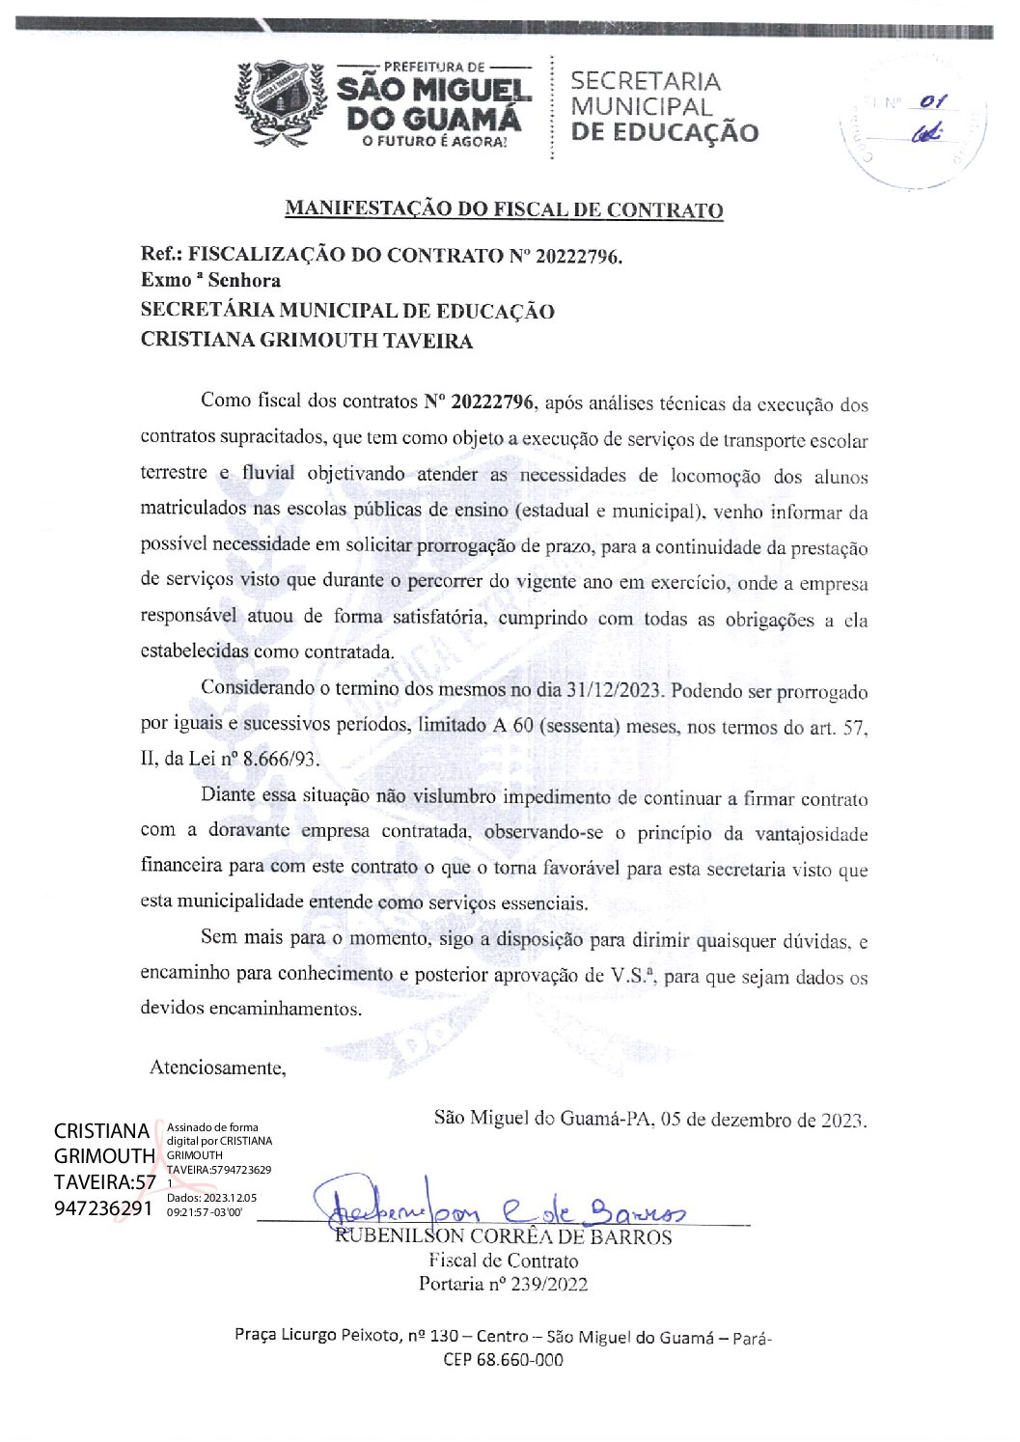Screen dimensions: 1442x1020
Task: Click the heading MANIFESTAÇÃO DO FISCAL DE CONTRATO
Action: (x=504, y=209)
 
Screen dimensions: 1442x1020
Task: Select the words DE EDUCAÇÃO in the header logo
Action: (x=665, y=133)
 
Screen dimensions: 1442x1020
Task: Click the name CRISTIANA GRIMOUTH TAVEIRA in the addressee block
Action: (x=307, y=341)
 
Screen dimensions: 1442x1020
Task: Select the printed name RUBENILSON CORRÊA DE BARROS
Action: (x=503, y=1237)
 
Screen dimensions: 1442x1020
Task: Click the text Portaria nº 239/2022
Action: (x=503, y=1284)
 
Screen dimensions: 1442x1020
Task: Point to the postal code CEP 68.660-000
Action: (x=503, y=1360)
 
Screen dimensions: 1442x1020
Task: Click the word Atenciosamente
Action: (x=217, y=1068)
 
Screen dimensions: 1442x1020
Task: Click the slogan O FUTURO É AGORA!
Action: (x=433, y=142)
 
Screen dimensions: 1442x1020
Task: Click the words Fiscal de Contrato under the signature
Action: (x=503, y=1261)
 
